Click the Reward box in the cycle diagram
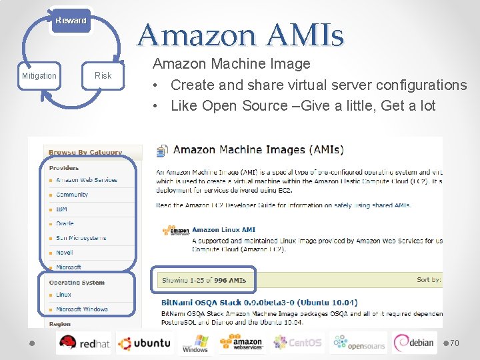(71, 21)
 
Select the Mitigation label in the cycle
(39, 76)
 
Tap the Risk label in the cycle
(103, 76)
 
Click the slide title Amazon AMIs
(241, 35)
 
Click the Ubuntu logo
(144, 343)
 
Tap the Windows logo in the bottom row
(195, 343)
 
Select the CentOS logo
(297, 343)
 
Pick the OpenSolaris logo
(359, 343)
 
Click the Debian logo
(414, 343)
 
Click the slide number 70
(455, 343)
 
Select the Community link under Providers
(72, 195)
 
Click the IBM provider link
(61, 209)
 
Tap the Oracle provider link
(65, 224)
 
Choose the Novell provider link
(65, 253)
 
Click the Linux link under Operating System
(63, 295)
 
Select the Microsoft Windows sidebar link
(81, 309)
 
